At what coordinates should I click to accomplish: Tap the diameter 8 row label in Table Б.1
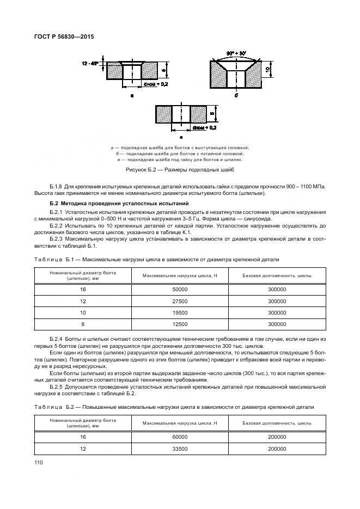click(83, 324)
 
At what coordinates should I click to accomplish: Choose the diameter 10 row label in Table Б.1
click(83, 313)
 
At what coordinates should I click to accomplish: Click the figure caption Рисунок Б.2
click(179, 170)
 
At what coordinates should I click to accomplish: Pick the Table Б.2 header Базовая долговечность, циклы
click(277, 422)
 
